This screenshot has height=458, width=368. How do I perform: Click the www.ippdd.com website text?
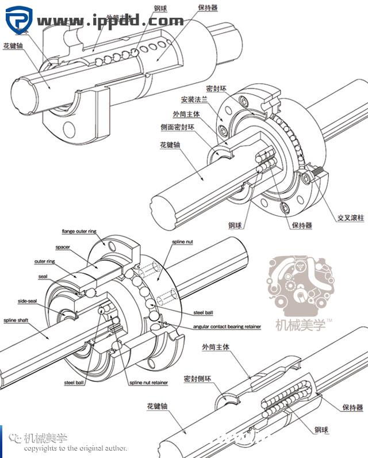point(110,21)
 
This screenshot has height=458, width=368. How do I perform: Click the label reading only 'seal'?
point(43,276)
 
